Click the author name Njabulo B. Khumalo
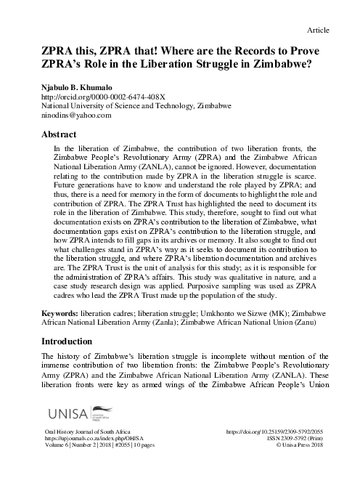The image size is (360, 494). [79, 86]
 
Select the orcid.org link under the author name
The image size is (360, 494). [94, 96]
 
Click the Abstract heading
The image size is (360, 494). [60, 135]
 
